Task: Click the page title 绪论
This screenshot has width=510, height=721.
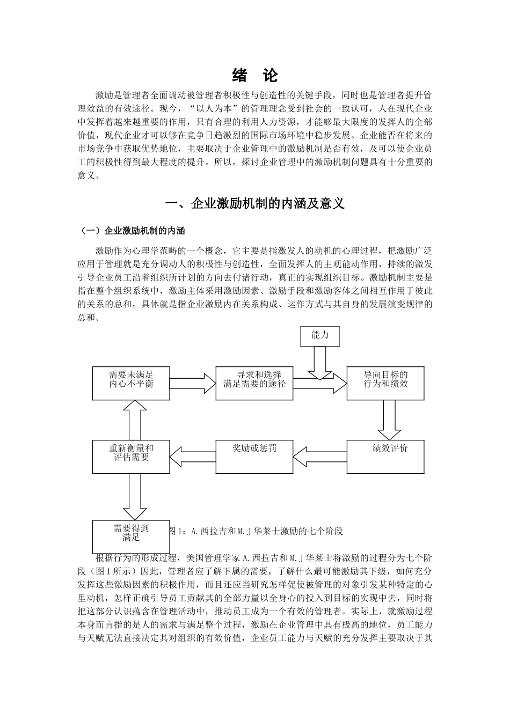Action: pyautogui.click(x=254, y=75)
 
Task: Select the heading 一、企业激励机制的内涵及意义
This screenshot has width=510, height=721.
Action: pyautogui.click(x=254, y=204)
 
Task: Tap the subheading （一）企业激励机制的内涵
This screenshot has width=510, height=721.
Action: pyautogui.click(x=132, y=231)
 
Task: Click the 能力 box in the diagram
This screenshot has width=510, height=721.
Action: pyautogui.click(x=320, y=336)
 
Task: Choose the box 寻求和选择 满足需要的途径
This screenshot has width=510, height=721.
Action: pyautogui.click(x=254, y=383)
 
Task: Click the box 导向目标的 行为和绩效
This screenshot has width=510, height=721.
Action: pyautogui.click(x=385, y=383)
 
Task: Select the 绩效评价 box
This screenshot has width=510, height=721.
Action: pyautogui.click(x=385, y=456)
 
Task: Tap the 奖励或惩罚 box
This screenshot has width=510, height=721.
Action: pyautogui.click(x=254, y=456)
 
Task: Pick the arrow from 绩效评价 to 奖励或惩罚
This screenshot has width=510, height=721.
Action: pyautogui.click(x=320, y=456)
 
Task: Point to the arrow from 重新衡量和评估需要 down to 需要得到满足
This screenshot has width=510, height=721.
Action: pyautogui.click(x=135, y=497)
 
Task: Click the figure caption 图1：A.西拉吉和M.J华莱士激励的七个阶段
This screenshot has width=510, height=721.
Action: pyautogui.click(x=255, y=531)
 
